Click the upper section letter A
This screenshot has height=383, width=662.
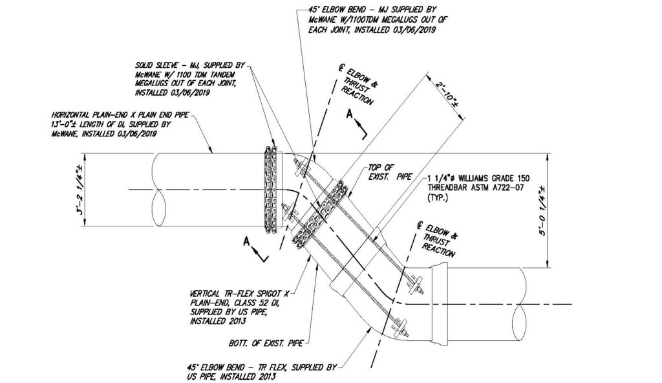(x=350, y=114)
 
